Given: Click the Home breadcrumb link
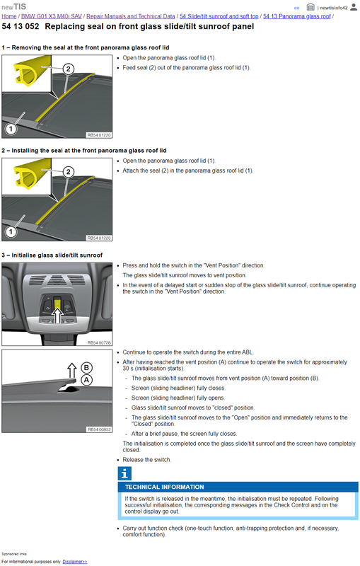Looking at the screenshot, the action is tap(9, 16).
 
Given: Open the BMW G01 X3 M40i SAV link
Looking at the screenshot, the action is tap(52, 16).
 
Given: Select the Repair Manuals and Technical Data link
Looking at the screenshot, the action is tap(131, 16).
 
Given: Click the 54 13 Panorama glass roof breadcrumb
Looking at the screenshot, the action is tap(297, 16).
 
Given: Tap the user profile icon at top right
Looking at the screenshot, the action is tap(354, 7).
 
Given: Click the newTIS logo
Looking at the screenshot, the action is tap(13, 6).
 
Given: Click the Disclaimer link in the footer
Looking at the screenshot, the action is tap(75, 562).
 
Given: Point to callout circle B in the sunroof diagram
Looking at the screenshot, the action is tap(86, 367).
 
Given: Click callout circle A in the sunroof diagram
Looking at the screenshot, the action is tap(86, 380).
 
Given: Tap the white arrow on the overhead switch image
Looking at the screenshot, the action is tap(57, 314).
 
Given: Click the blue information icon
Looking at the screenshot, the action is tap(124, 473).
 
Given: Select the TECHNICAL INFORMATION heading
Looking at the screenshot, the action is tap(165, 487).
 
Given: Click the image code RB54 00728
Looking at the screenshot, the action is tap(99, 342).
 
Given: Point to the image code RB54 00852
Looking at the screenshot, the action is tap(99, 429).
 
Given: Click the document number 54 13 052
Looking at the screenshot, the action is tap(21, 26).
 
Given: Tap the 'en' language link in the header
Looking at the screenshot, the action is tap(296, 8).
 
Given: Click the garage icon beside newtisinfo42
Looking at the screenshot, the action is tap(310, 7).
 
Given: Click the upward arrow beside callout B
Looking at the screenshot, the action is tap(72, 370).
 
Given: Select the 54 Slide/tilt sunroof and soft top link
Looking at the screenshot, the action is tap(219, 16).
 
